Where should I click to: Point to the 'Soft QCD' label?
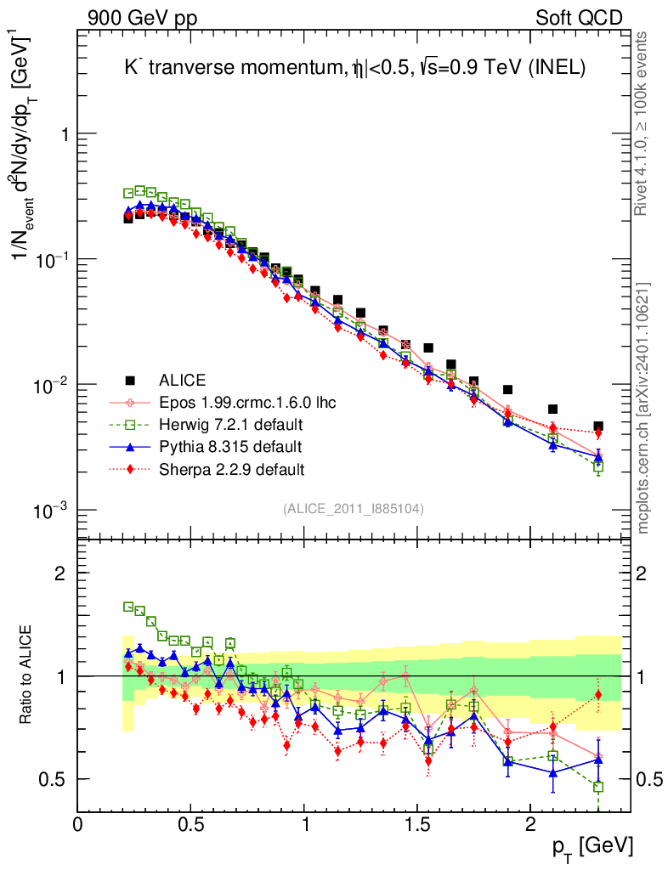click(x=579, y=18)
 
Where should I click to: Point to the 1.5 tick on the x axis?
click(x=416, y=825)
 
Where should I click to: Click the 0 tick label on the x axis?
click(x=78, y=825)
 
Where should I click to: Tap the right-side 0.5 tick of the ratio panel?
click(x=648, y=779)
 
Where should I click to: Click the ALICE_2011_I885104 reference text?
click(x=354, y=508)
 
